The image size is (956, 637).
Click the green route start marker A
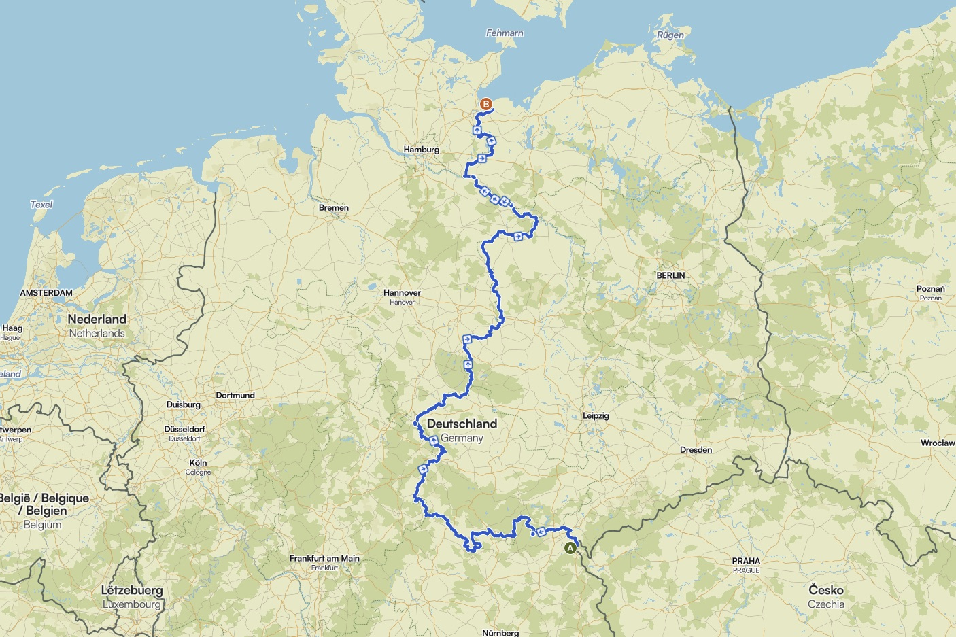pyautogui.click(x=570, y=548)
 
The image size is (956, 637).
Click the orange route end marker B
pyautogui.click(x=485, y=104)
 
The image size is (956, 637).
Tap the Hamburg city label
pyautogui.click(x=421, y=150)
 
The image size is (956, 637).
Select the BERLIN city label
pyautogui.click(x=670, y=275)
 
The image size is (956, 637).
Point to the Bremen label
pyautogui.click(x=333, y=208)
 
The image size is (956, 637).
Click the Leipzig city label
pyautogui.click(x=596, y=415)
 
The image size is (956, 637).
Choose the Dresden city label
pyautogui.click(x=696, y=450)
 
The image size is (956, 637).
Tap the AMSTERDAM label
pyautogui.click(x=46, y=293)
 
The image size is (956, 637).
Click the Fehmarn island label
pyautogui.click(x=505, y=33)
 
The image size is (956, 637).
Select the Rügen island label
pyautogui.click(x=670, y=35)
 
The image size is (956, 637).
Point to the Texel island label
pyautogui.click(x=41, y=204)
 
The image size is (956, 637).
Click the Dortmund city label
pyautogui.click(x=235, y=395)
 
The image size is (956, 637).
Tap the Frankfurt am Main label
pyautogui.click(x=324, y=558)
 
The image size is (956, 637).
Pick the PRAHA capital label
pyautogui.click(x=746, y=561)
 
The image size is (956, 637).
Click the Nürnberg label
pyautogui.click(x=500, y=632)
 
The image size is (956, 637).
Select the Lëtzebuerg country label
pyautogui.click(x=132, y=590)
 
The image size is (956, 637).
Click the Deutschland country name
pyautogui.click(x=462, y=424)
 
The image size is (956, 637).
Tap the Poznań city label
pyautogui.click(x=930, y=289)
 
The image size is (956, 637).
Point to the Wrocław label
pyautogui.click(x=938, y=443)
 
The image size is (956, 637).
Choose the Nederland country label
pyautogui.click(x=97, y=319)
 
